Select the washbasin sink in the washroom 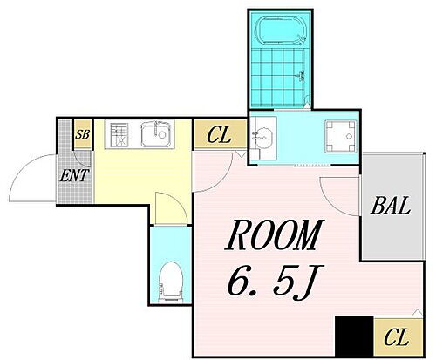(x=263, y=136)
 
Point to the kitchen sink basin (x=158, y=135)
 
